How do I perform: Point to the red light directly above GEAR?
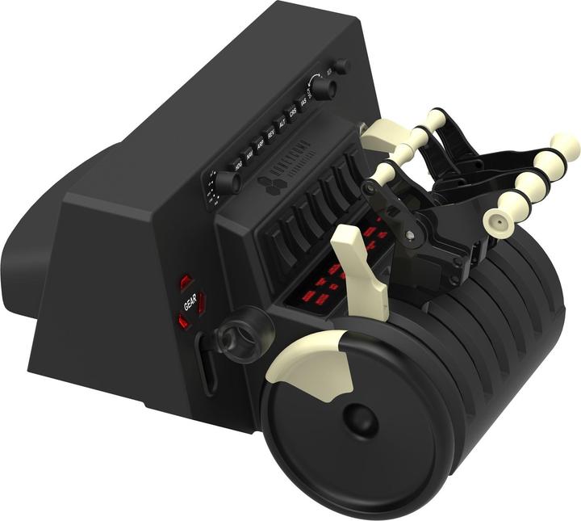tap(186, 282)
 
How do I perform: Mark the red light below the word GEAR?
tap(184, 323)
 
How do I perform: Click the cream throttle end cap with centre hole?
tap(495, 219)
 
